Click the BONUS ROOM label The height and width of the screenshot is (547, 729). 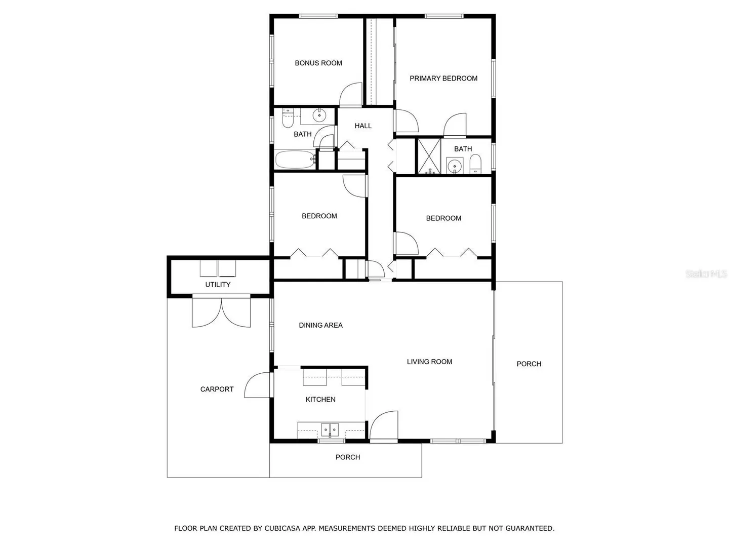point(318,63)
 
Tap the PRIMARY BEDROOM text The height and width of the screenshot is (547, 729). point(443,79)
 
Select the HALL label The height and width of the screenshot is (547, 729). point(363,126)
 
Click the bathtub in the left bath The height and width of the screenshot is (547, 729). point(295,160)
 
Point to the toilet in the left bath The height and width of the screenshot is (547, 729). point(288,118)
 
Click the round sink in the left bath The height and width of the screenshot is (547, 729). point(319,115)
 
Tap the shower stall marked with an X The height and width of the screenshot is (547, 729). point(429,156)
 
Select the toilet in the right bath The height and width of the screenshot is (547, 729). point(475,164)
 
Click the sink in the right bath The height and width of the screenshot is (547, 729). point(454,166)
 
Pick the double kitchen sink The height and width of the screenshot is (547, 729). point(330,430)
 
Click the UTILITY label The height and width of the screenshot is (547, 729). point(218,285)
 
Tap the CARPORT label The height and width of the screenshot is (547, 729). point(217,389)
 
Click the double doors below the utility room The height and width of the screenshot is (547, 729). point(221,312)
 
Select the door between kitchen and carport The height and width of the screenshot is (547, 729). point(257,384)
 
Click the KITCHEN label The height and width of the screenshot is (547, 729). point(320,400)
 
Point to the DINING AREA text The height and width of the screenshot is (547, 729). point(321,326)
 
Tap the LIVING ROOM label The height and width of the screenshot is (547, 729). point(429,362)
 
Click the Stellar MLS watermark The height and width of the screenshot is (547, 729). point(706,274)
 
